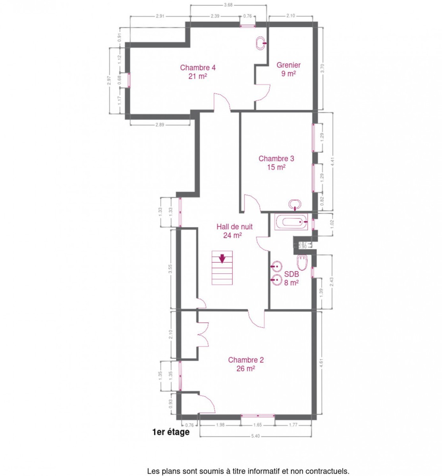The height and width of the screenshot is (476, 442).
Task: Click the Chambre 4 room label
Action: coord(198,72)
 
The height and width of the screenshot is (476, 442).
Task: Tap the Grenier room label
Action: coord(288,69)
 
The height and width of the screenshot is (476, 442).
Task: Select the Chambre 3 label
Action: coord(276,163)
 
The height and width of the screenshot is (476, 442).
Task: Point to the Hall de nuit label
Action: coord(234,231)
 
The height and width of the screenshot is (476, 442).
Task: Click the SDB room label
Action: coord(291,278)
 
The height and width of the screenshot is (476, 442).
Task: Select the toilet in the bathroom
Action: coord(302,263)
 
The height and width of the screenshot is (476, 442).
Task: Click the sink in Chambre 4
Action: coord(261,43)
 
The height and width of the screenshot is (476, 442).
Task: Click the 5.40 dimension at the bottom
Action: coord(255,436)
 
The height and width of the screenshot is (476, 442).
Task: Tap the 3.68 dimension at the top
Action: coord(228,5)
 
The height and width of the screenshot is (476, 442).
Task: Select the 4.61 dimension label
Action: coord(322,363)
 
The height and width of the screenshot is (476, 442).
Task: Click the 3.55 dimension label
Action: coord(170,269)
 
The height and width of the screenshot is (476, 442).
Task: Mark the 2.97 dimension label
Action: coord(109,80)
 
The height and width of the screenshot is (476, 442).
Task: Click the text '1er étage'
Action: coord(171,432)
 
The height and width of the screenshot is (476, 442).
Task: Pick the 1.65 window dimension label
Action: coord(257,425)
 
